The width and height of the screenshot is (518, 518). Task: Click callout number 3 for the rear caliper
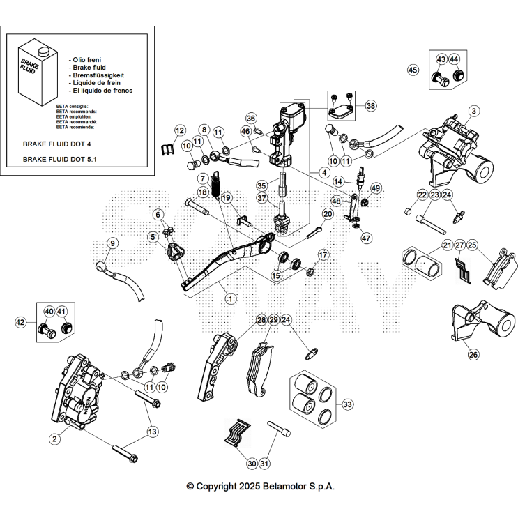[473, 110]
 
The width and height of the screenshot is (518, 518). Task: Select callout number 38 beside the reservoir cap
[370, 106]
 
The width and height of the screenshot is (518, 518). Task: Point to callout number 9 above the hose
[113, 243]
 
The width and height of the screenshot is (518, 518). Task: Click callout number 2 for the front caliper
[54, 438]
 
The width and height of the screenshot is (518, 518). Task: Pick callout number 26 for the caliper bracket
[473, 354]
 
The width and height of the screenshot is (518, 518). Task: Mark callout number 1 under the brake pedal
[231, 297]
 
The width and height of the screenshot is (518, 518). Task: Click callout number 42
[21, 322]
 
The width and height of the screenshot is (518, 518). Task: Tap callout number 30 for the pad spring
[232, 464]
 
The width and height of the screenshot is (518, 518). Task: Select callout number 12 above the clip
[180, 130]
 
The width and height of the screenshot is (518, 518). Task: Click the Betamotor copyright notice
[260, 486]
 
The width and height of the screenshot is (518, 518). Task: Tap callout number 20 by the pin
[328, 213]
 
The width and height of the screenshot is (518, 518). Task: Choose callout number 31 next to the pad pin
[264, 464]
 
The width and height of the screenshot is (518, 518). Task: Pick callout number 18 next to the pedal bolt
[203, 192]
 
